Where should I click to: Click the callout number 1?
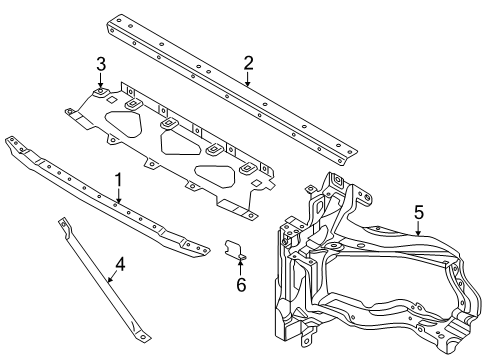118,180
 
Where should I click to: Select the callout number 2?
248,63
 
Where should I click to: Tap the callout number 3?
101,64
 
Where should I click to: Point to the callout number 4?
120,265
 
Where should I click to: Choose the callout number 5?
419,212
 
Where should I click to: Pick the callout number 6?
241,285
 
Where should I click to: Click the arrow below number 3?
101,81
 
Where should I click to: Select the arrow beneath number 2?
247,79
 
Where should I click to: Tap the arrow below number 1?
118,196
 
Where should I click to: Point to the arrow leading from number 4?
112,277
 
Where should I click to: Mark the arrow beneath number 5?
419,228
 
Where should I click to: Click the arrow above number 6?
240,267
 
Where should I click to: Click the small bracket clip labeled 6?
235,250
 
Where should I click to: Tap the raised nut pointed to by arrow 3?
100,92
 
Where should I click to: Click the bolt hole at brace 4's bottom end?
144,337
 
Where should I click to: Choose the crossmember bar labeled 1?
107,197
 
